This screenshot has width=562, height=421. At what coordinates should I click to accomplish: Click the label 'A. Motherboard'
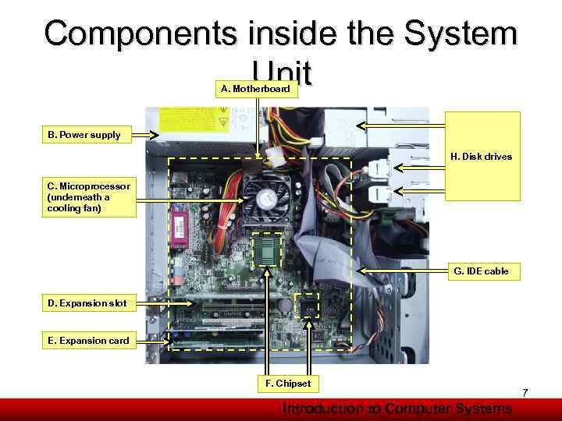pos(255,89)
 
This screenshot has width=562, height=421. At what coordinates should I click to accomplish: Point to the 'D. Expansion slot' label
pos(87,302)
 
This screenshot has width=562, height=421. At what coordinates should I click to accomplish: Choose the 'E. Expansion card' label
pos(88,341)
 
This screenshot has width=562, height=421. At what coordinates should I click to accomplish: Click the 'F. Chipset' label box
pos(288,384)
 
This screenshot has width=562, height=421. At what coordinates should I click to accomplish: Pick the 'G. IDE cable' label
pos(481,271)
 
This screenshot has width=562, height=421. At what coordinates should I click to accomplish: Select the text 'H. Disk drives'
pos(481,157)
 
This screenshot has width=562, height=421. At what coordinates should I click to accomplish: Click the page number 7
pos(525,394)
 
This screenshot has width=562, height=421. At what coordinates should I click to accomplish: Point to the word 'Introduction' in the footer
pos(321,409)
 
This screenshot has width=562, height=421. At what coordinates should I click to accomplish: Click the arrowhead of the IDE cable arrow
pos(361,271)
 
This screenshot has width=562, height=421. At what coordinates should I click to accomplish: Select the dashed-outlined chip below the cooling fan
pos(268,249)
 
